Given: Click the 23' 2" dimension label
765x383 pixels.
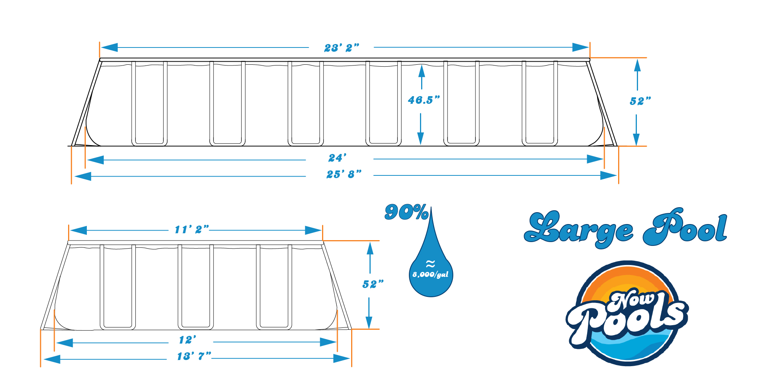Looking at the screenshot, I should (x=342, y=48).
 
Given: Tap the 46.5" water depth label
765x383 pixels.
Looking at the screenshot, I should (x=424, y=100).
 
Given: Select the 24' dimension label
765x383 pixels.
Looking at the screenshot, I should (x=337, y=158).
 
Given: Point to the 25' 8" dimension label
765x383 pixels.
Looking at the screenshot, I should (x=343, y=174).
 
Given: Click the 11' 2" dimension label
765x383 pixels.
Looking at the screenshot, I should (x=192, y=229).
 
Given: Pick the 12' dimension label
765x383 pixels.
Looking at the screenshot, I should (x=187, y=340).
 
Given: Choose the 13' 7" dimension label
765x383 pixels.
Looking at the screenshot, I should (x=194, y=356).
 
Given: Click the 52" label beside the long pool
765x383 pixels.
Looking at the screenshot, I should (x=640, y=101).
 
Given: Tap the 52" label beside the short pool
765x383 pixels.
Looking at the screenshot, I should (x=373, y=284).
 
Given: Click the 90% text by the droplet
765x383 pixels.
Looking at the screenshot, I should (x=407, y=212).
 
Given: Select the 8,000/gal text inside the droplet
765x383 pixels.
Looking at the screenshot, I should (x=430, y=275).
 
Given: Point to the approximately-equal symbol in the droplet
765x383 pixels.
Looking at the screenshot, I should (x=430, y=264).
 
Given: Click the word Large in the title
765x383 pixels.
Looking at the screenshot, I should (x=578, y=229).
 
